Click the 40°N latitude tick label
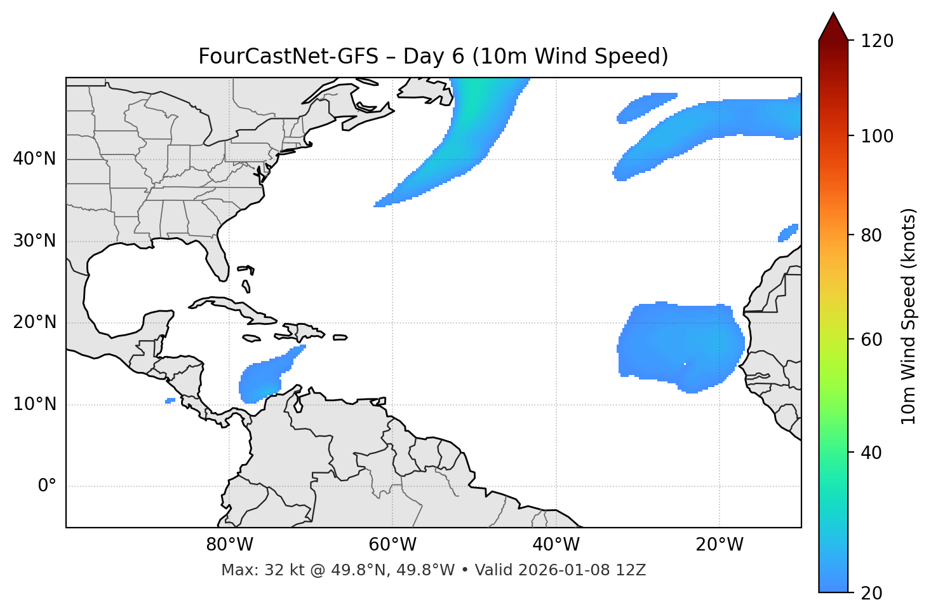tap(34, 159)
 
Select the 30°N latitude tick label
tap(34, 241)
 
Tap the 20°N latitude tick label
tap(34, 323)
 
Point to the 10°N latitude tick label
tap(34, 404)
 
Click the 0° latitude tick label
tap(47, 486)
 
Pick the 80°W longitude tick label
tap(229, 545)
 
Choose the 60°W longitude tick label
tap(392, 545)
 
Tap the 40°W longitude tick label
tap(556, 545)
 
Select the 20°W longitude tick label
tap(720, 545)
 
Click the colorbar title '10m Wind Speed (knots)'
tap(909, 316)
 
